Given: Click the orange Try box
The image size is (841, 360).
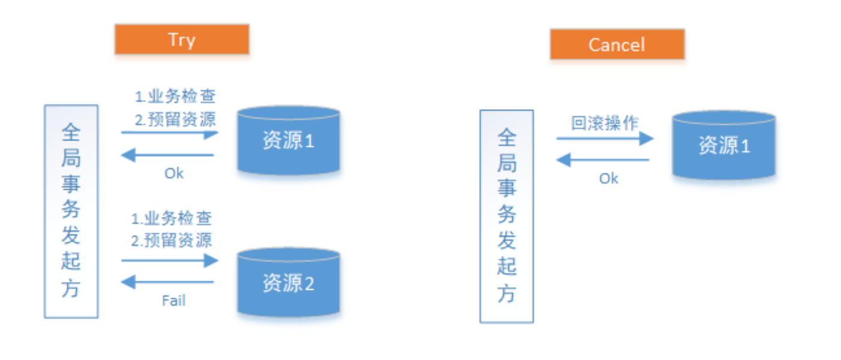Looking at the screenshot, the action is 182,40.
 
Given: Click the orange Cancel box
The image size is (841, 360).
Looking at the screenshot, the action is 617,44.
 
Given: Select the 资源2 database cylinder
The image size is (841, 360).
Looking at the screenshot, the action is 289,282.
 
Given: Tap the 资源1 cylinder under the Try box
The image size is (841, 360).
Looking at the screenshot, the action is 289,140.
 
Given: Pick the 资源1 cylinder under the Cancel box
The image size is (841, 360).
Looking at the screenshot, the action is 724,145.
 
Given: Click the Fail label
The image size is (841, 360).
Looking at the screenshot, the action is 173,301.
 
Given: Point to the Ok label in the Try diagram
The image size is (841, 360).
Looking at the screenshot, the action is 174,173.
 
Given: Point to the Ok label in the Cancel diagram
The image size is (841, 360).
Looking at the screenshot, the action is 609,179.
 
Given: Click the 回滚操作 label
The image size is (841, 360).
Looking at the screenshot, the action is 605,123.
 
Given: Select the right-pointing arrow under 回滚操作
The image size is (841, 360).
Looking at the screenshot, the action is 605,139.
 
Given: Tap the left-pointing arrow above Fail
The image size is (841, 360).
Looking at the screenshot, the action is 167,282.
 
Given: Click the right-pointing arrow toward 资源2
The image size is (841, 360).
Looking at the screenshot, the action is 170,260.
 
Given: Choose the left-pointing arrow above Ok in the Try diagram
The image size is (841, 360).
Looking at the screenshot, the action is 167,155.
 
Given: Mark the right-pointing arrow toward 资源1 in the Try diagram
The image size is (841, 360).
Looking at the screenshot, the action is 170,133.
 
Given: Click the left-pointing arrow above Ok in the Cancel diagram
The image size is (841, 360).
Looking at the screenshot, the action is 603,160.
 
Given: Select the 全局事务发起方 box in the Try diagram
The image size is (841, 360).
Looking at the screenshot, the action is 71,212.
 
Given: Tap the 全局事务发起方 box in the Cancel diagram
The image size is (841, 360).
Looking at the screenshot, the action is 506,217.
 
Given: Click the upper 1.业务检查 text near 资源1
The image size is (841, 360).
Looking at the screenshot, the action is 175,96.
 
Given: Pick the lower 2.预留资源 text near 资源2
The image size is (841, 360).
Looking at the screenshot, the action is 172,240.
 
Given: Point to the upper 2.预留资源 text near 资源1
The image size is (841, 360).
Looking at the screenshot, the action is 175,119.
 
